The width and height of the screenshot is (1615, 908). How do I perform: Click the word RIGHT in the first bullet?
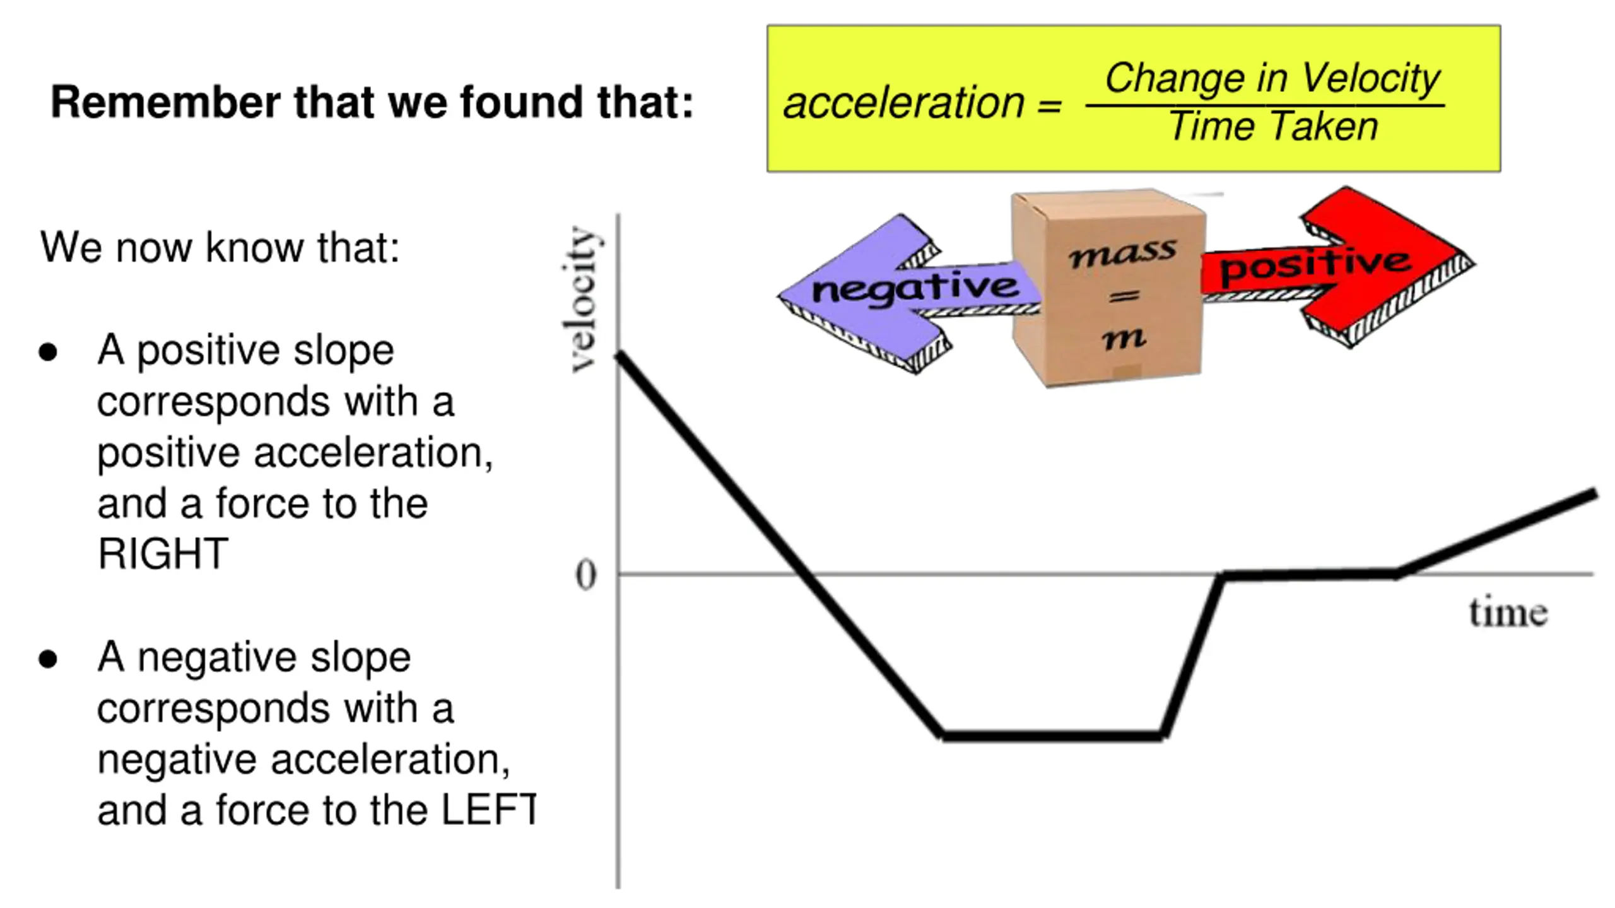[163, 554]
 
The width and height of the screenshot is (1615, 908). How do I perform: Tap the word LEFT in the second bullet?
[488, 810]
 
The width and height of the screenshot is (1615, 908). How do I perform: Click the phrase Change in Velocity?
[1272, 78]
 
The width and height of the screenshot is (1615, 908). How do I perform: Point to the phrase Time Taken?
[1273, 126]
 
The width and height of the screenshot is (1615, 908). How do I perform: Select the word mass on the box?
[1122, 253]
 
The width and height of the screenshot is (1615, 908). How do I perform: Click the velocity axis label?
[582, 299]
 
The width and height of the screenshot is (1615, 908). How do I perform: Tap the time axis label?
[1508, 613]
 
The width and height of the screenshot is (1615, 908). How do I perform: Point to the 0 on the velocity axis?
[585, 575]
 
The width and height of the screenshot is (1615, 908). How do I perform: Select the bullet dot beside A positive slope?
[48, 352]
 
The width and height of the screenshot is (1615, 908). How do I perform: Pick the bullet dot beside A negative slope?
[48, 659]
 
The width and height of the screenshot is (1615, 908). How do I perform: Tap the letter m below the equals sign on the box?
[1124, 339]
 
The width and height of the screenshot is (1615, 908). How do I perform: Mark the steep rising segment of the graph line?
[1192, 656]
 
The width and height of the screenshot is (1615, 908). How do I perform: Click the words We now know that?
[220, 247]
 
